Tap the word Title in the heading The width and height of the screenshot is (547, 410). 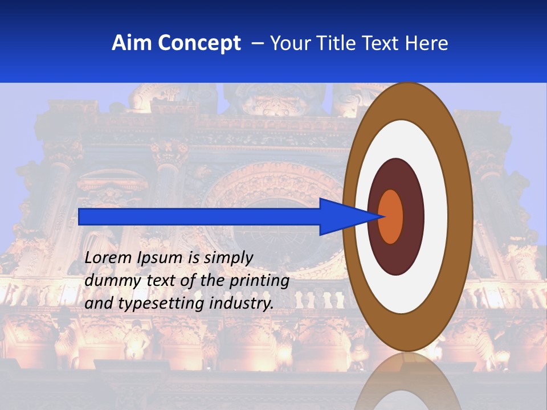[336, 43]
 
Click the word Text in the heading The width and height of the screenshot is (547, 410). [382, 43]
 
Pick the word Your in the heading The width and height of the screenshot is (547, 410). [291, 43]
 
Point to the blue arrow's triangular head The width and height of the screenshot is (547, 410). [348, 216]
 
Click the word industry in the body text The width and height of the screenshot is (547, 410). [242, 304]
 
